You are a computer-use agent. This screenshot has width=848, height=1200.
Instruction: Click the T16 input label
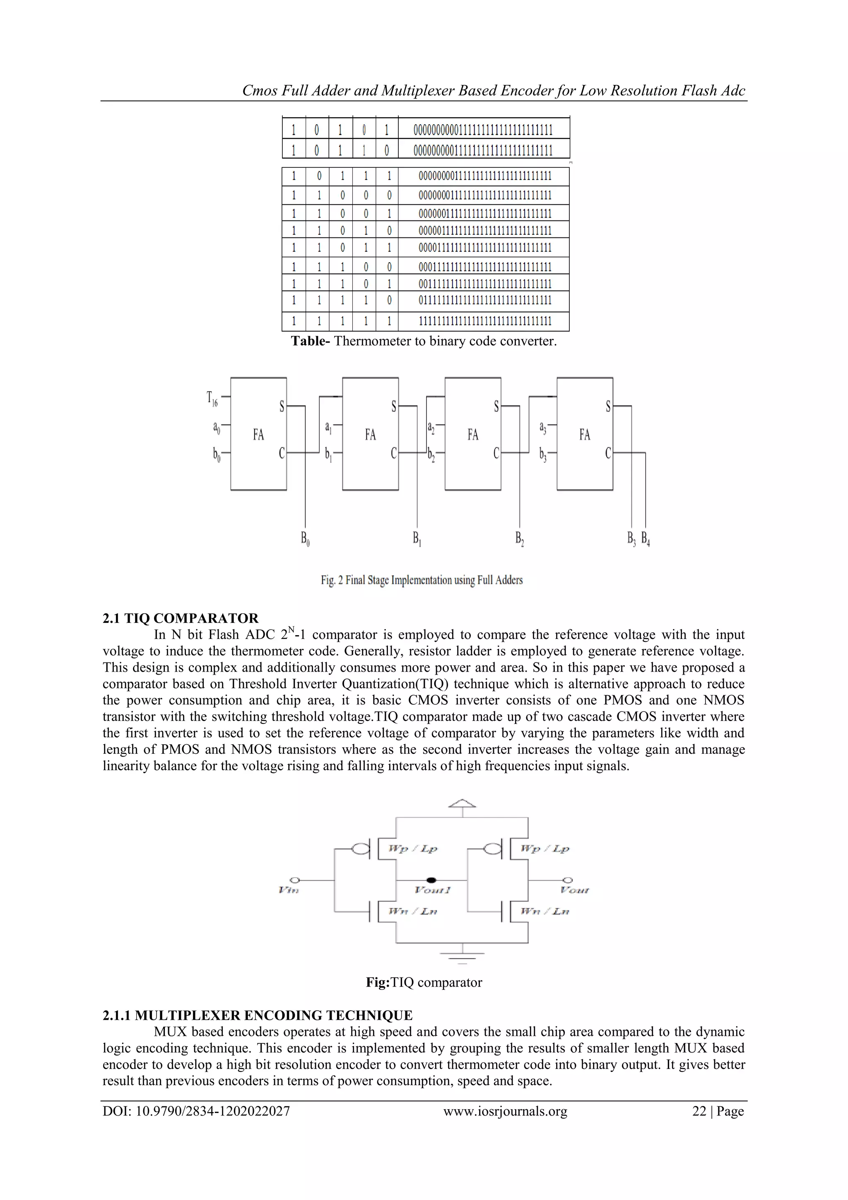pyautogui.click(x=212, y=399)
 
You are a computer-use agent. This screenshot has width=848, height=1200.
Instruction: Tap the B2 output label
pyautogui.click(x=520, y=538)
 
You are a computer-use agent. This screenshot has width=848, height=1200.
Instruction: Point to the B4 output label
pyautogui.click(x=646, y=538)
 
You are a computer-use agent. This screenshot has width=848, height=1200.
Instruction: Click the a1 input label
pyautogui.click(x=328, y=428)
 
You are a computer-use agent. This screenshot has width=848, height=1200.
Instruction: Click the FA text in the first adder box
pyautogui.click(x=258, y=435)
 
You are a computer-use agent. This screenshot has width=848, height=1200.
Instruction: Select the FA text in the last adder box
pyautogui.click(x=585, y=435)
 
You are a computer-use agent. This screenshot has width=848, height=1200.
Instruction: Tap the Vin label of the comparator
pyautogui.click(x=289, y=890)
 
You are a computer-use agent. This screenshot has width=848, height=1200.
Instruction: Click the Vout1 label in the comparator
pyautogui.click(x=432, y=890)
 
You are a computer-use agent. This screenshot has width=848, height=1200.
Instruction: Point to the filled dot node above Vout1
pyautogui.click(x=431, y=880)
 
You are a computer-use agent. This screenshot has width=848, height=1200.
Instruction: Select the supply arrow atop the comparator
pyautogui.click(x=462, y=804)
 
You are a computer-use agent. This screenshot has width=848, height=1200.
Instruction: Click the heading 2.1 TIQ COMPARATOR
pyautogui.click(x=180, y=618)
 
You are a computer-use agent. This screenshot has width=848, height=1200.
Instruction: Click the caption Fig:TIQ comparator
pyautogui.click(x=424, y=982)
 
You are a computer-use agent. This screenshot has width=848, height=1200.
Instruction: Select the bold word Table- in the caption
pyautogui.click(x=310, y=341)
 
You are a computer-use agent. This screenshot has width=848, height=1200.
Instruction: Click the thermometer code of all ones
pyautogui.click(x=485, y=321)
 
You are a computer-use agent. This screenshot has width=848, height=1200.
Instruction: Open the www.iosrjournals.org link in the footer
pyautogui.click(x=505, y=1111)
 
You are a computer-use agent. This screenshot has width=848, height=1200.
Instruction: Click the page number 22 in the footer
pyautogui.click(x=699, y=1111)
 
